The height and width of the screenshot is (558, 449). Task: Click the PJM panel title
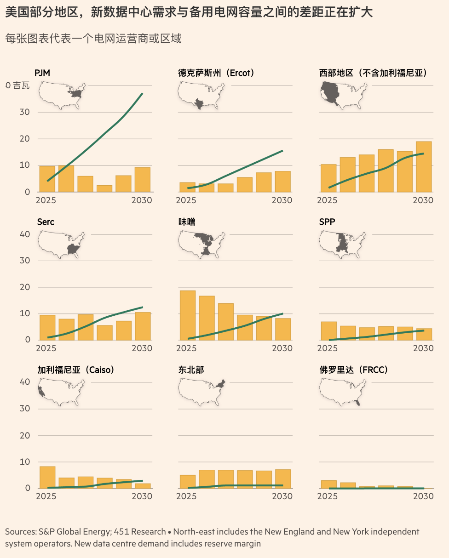pos(42,73)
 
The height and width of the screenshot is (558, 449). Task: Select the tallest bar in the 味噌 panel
pos(188,315)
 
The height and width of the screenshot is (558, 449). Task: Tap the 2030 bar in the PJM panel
pos(143,180)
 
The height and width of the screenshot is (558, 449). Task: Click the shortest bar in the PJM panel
pos(104,188)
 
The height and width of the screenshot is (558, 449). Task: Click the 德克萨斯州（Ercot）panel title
pos(216,73)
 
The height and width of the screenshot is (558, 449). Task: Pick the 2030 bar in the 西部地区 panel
pos(424,167)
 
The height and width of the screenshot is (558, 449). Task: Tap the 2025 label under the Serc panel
pos(46,348)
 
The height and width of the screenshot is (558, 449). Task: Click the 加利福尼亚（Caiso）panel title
pos(75,370)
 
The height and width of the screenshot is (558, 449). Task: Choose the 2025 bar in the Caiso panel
pos(47,478)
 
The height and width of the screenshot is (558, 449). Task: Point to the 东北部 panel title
pos(191,370)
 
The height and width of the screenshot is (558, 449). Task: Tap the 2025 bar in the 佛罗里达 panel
pos(328,484)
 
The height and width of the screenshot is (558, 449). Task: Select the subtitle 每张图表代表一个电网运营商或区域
pos(93,39)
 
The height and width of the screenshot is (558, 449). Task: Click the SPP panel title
pos(327,222)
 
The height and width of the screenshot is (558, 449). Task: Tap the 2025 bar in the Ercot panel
pos(188,187)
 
